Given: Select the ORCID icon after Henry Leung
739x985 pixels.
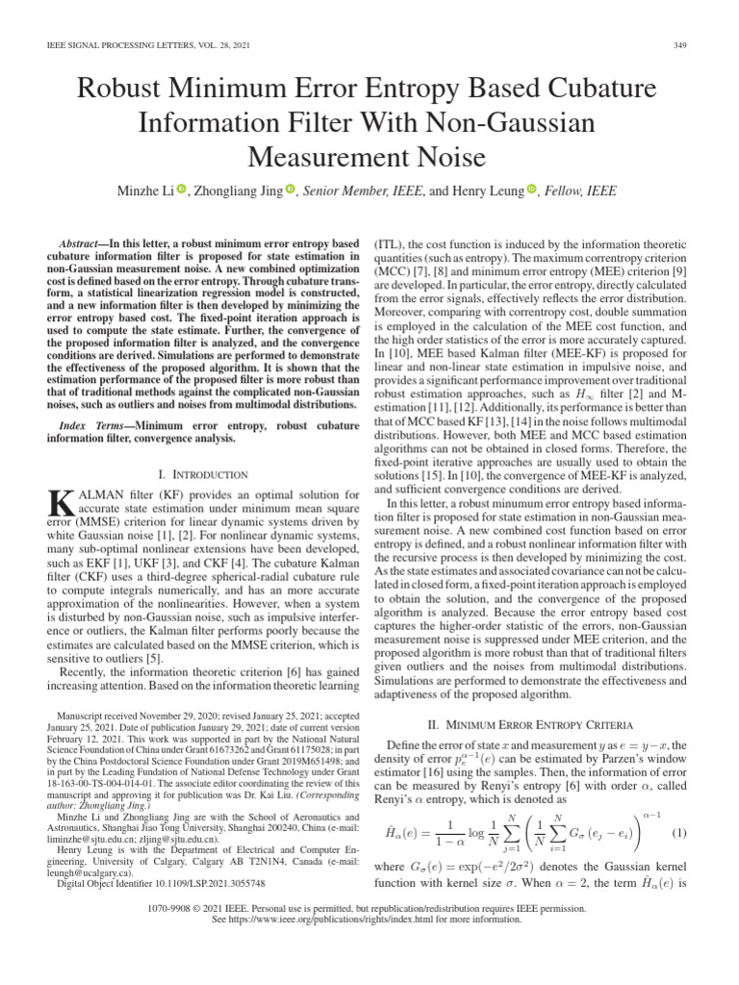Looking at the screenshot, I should (x=530, y=191).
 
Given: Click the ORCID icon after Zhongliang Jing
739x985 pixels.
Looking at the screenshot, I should (x=290, y=191).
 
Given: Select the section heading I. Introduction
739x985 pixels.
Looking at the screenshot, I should (x=202, y=474).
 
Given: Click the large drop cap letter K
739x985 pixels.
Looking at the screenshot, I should (x=60, y=502).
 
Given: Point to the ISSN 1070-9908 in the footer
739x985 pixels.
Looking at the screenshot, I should (x=191, y=933).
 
